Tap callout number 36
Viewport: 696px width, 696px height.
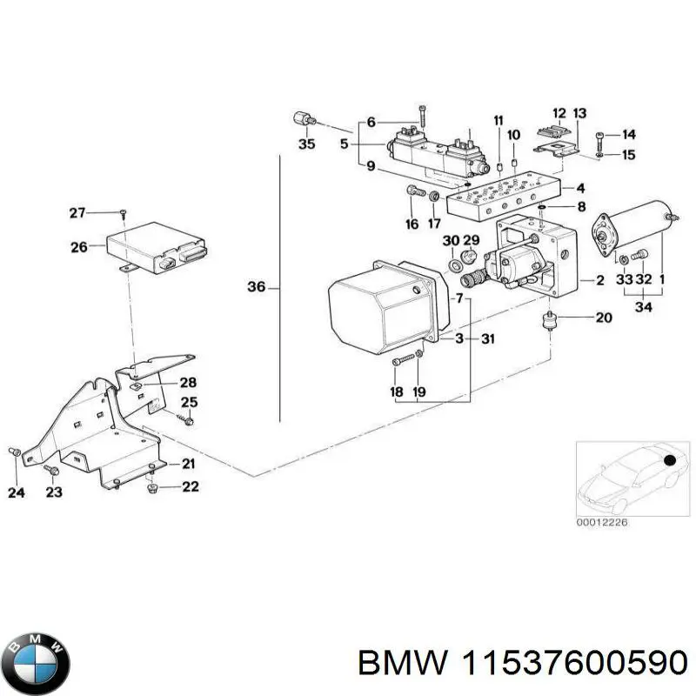256,286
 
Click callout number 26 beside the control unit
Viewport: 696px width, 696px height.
78,247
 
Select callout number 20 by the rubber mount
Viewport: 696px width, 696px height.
604,318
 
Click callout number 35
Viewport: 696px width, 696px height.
306,144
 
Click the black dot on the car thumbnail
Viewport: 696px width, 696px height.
671,459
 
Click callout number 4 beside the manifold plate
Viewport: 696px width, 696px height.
580,187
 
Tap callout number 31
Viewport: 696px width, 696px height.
488,339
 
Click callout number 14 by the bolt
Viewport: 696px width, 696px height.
628,135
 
